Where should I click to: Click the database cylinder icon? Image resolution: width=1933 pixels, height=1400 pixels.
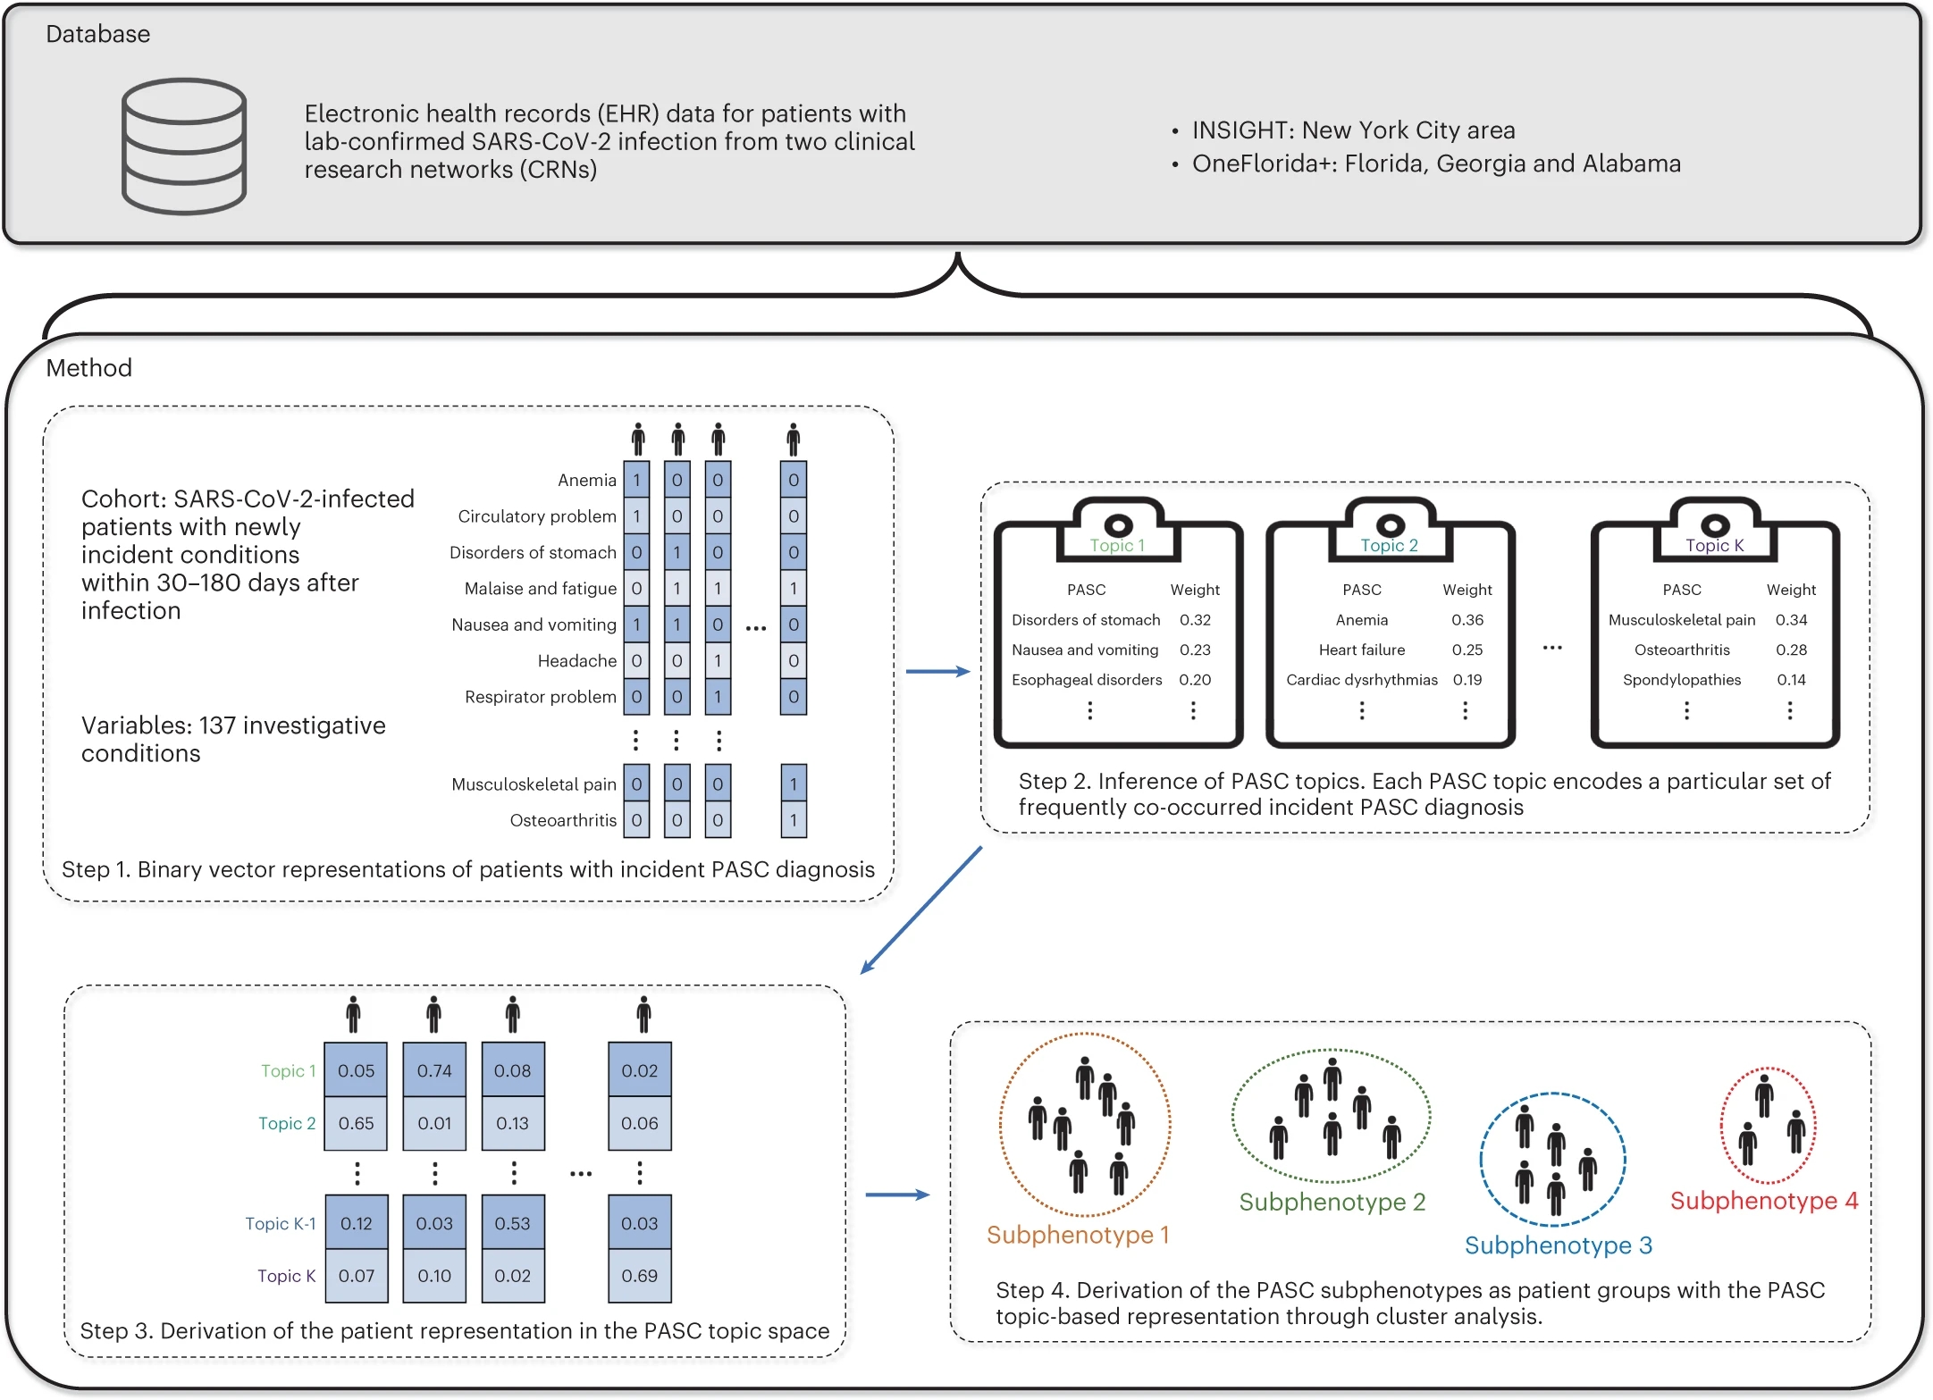point(184,146)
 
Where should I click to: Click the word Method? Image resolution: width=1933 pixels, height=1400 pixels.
point(88,368)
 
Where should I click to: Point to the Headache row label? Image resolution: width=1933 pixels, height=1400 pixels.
point(576,661)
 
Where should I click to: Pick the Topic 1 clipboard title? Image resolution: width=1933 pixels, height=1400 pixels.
point(1117,546)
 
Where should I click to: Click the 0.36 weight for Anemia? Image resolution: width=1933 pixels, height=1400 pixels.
point(1467,620)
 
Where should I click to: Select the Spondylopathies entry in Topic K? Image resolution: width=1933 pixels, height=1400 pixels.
point(1681,680)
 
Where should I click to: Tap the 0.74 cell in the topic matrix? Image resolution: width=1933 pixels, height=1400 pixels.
point(434,1070)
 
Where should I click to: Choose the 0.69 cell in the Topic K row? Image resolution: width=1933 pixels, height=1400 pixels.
point(640,1276)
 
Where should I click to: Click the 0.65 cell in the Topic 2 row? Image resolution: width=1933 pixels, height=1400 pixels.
point(356,1123)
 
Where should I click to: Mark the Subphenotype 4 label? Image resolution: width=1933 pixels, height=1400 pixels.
point(1763,1201)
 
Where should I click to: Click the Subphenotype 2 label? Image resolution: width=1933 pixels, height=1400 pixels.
point(1332,1203)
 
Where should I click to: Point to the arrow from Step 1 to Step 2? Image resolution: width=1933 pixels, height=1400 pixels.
point(937,671)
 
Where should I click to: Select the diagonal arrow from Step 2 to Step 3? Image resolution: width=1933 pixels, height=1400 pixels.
point(920,910)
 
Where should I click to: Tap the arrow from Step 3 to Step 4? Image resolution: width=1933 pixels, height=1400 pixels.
point(897,1195)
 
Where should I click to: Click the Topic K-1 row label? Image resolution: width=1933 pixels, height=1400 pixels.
point(281,1224)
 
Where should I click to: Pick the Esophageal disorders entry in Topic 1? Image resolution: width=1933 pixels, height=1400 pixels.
point(1087,680)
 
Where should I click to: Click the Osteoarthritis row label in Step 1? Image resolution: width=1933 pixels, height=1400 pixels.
point(563,820)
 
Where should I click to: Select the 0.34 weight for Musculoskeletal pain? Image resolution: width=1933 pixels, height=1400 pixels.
point(1791,620)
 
